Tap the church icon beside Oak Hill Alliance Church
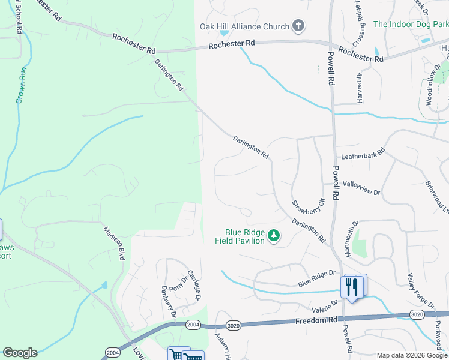(x=298, y=26)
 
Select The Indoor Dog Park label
(x=411, y=24)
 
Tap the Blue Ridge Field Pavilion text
(x=244, y=236)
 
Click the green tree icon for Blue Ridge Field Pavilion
(x=274, y=236)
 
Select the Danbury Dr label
(x=167, y=301)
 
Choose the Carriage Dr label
(x=194, y=285)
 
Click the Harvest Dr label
(x=360, y=88)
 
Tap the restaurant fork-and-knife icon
(x=351, y=287)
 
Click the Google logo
(x=20, y=353)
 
